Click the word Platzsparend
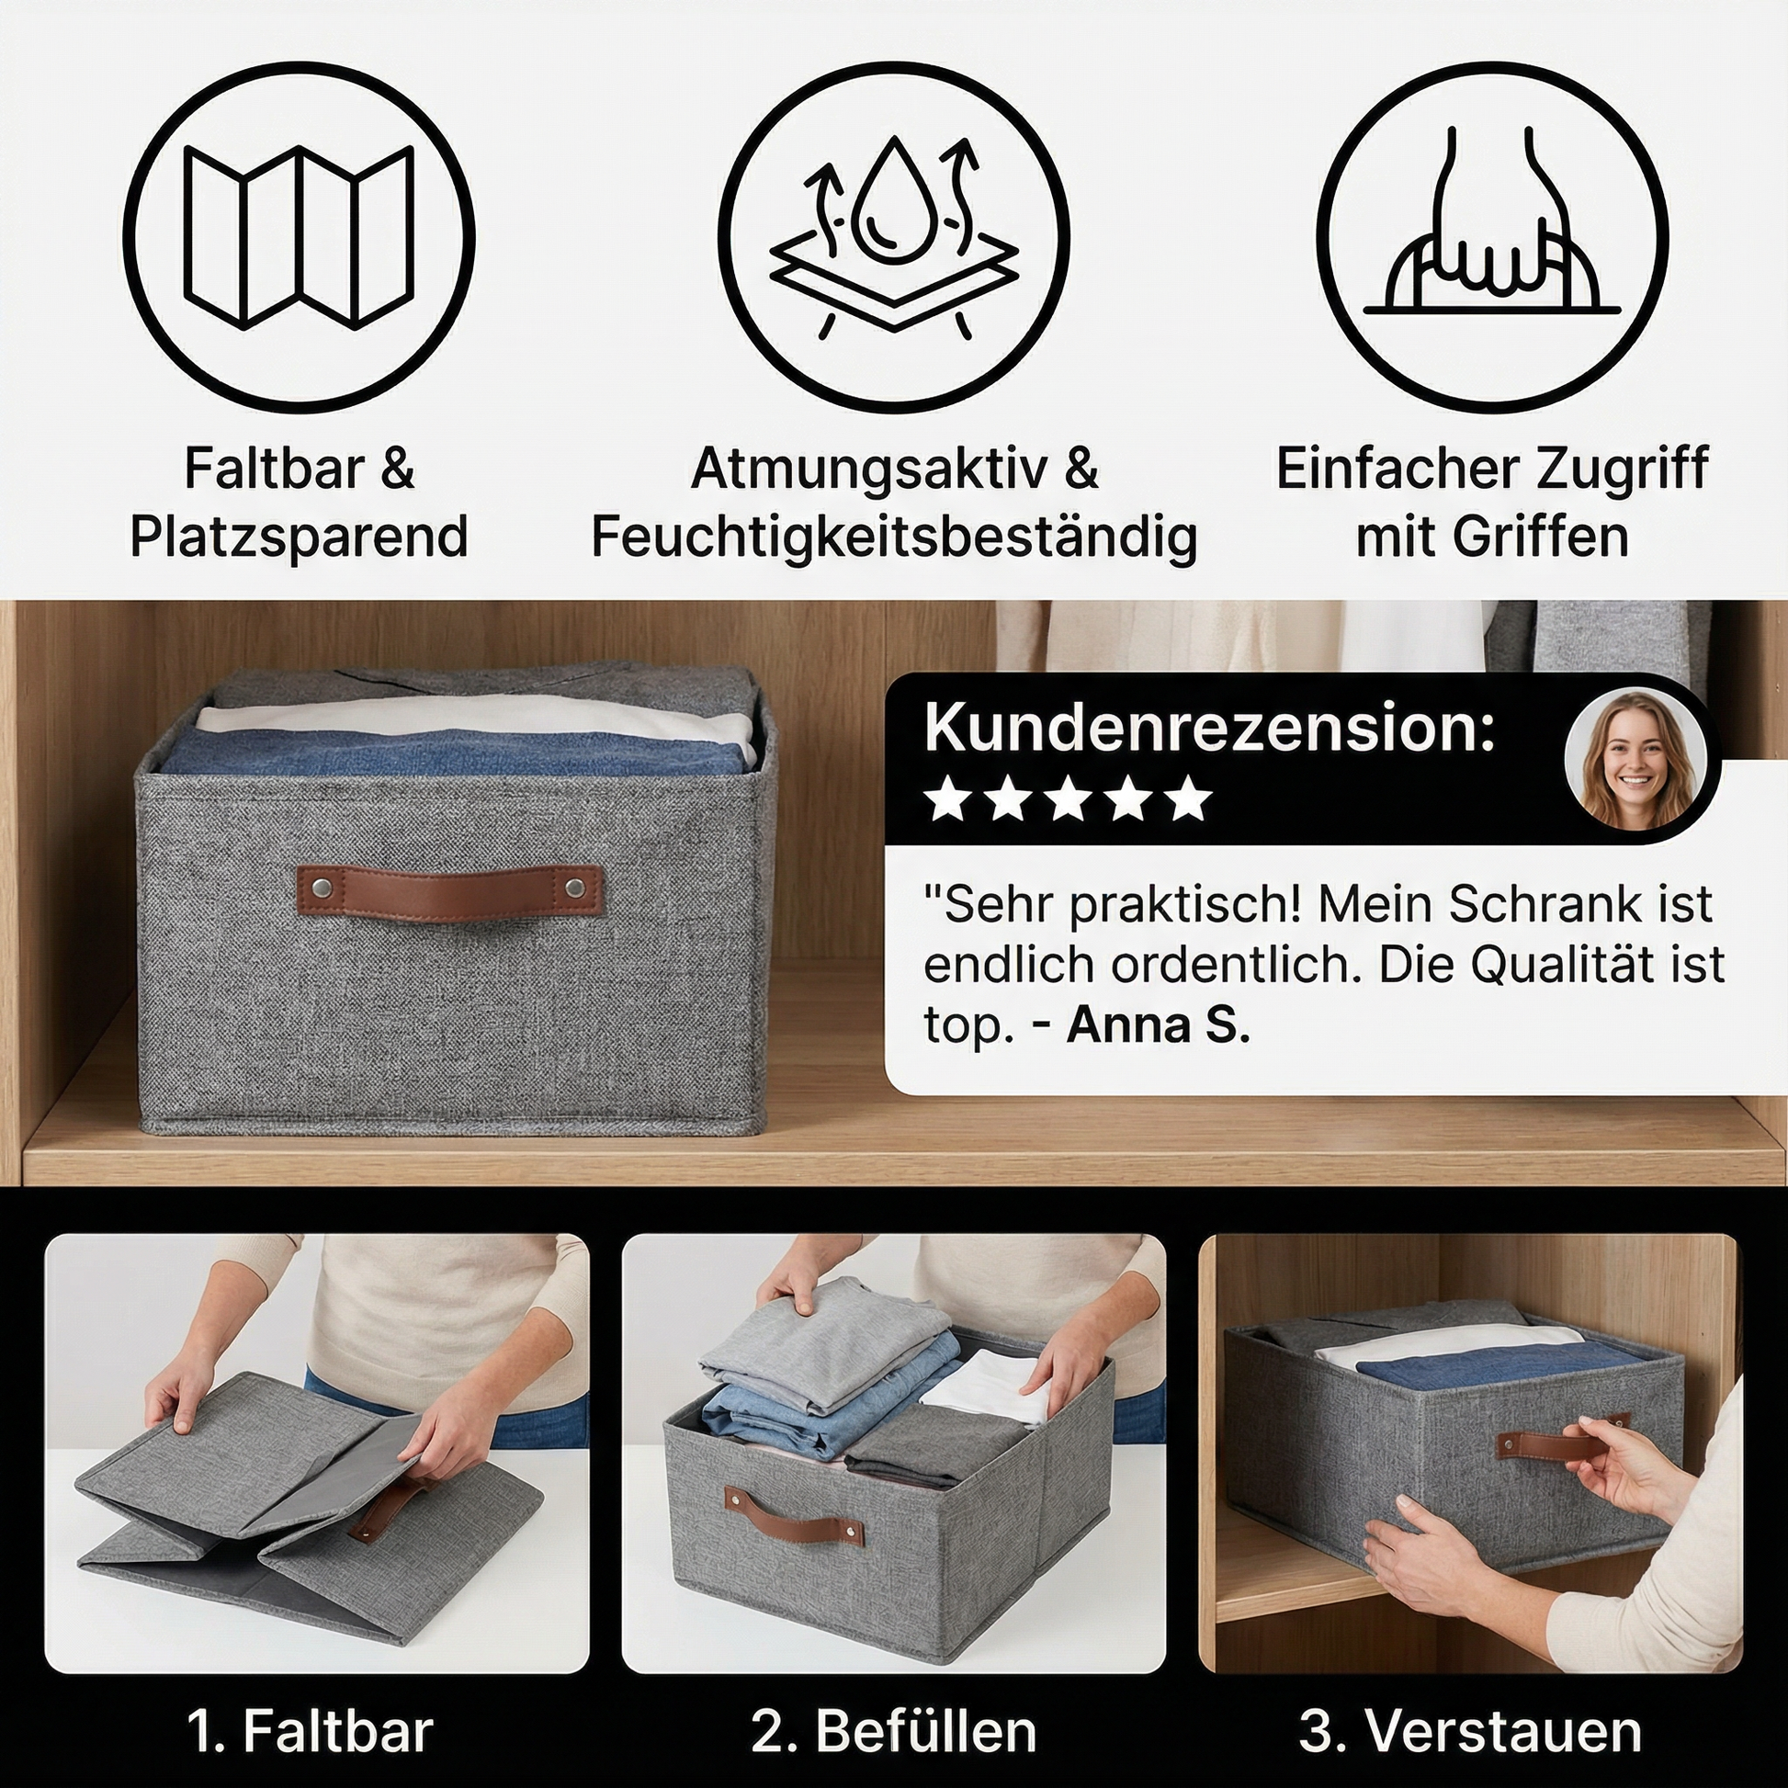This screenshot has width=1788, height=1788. pyautogui.click(x=299, y=536)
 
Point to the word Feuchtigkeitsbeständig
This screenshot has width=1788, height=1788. pyautogui.click(x=894, y=537)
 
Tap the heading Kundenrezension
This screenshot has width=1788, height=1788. pyautogui.click(x=1209, y=729)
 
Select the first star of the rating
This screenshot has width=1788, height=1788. pyautogui.click(x=946, y=799)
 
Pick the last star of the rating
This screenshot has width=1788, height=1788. pyautogui.click(x=1189, y=799)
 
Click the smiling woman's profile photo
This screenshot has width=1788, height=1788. pyautogui.click(x=1636, y=759)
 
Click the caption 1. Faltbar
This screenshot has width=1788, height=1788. pyautogui.click(x=310, y=1731)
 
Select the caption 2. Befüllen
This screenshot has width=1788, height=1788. pyautogui.click(x=893, y=1731)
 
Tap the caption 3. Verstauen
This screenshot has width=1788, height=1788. pyautogui.click(x=1471, y=1731)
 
